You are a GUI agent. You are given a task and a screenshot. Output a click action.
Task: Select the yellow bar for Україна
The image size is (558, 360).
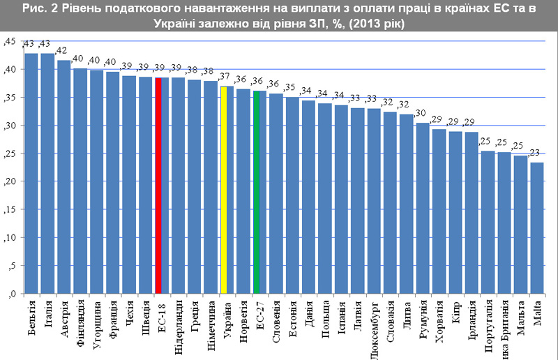[223, 189]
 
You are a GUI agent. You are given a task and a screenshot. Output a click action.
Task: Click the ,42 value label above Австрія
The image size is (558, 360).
[62, 50]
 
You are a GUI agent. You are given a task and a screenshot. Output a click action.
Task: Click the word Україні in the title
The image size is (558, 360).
[181, 23]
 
